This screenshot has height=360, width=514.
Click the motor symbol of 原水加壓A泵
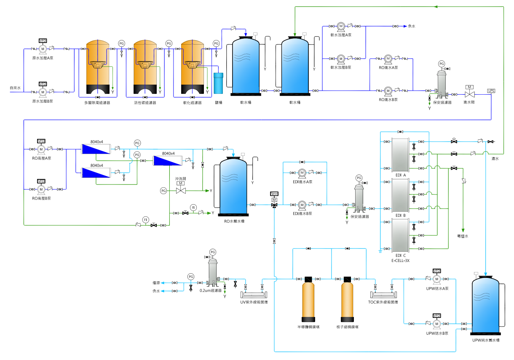(x=43, y=49)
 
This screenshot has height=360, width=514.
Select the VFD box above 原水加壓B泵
(x=43, y=84)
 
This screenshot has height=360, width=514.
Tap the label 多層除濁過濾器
(x=97, y=102)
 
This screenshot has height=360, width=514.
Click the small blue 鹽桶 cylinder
(x=218, y=83)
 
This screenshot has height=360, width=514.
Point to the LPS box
(x=491, y=91)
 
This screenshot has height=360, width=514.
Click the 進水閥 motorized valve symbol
(x=469, y=93)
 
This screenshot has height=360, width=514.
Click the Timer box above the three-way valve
(x=274, y=194)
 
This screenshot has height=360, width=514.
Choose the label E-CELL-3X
(x=401, y=261)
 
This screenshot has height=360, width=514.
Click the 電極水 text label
(x=463, y=236)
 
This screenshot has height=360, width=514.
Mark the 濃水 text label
(x=495, y=159)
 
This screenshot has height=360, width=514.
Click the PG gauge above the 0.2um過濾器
(x=212, y=252)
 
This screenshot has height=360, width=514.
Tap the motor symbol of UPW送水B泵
(x=437, y=323)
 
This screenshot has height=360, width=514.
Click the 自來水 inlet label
(x=16, y=88)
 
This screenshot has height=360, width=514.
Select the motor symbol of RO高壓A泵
(x=41, y=149)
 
